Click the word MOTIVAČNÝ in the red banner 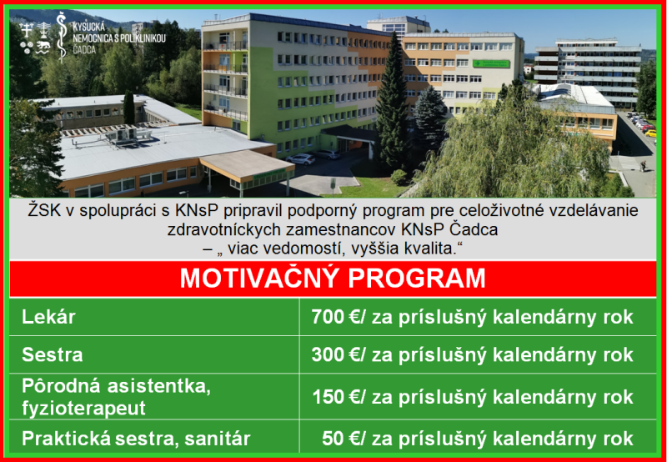coord(259,279)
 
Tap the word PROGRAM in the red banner coord(417,279)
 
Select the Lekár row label coord(48,317)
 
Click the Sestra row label coord(53,354)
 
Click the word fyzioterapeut coord(83,408)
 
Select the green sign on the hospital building coord(490,64)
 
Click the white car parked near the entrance coord(301,158)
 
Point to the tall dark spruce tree coord(391,104)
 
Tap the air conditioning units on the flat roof coord(128,135)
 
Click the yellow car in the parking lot coord(650,133)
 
